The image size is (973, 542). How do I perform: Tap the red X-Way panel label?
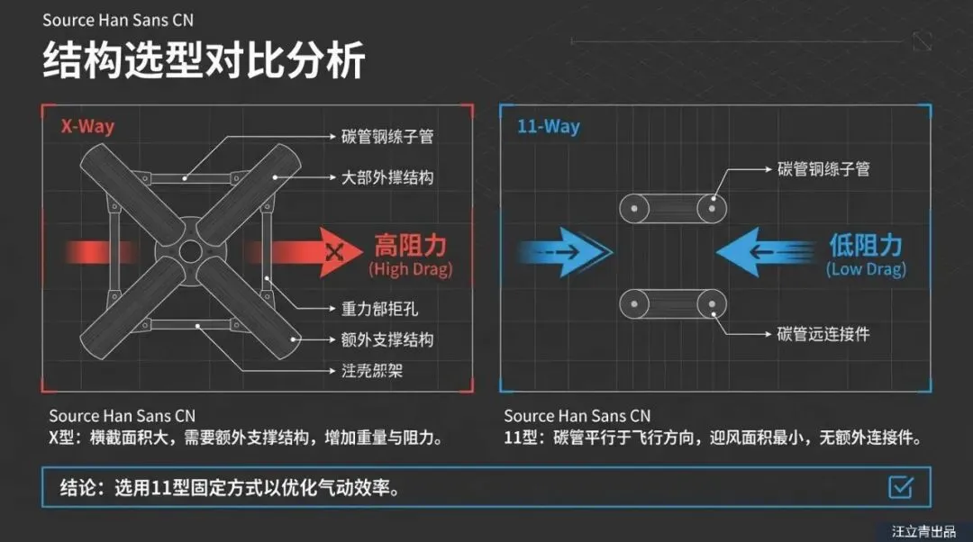87,126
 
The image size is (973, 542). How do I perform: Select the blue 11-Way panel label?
548,126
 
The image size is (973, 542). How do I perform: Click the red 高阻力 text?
410,245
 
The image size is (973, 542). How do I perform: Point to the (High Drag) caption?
410,269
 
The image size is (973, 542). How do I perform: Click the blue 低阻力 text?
865,245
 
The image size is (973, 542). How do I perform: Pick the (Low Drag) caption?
866,269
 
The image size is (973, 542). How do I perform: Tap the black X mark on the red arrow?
335,251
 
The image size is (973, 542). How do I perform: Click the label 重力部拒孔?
379,309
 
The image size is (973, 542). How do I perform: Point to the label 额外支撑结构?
387,339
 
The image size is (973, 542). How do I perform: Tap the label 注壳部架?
372,370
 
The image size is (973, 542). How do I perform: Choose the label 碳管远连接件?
823,334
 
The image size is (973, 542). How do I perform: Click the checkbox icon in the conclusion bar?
900,487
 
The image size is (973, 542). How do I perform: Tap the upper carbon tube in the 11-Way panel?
673,208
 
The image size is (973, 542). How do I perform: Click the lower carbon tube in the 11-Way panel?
673,303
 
